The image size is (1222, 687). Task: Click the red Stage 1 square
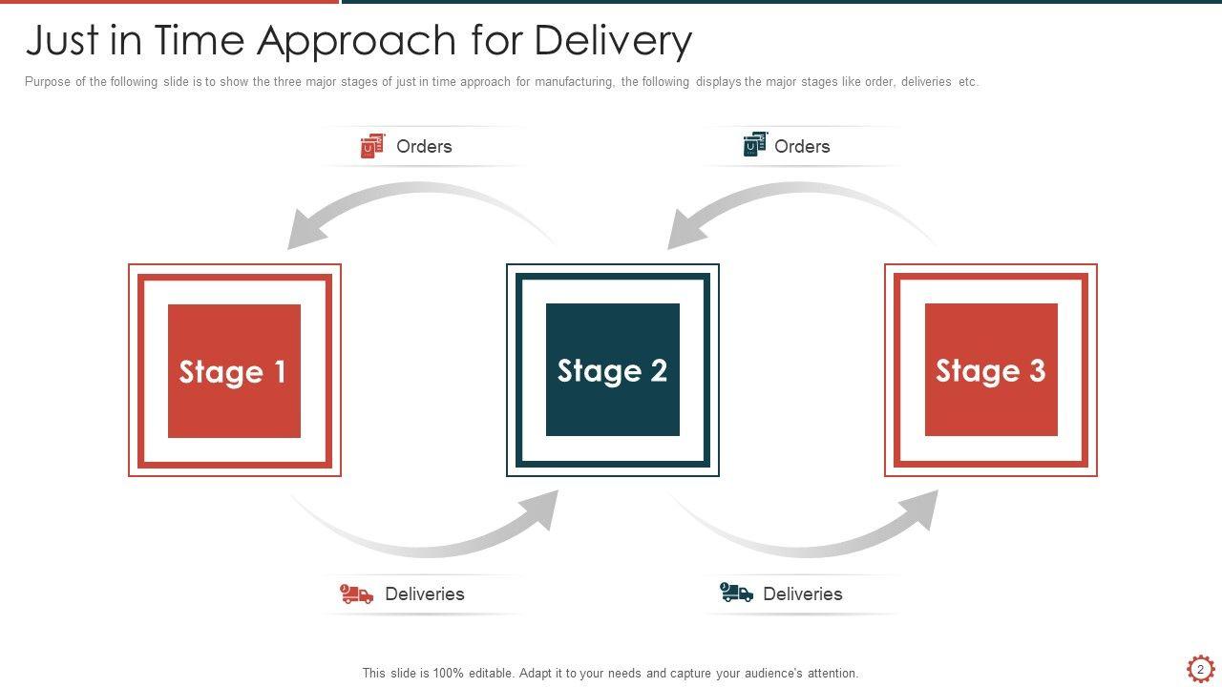tap(234, 371)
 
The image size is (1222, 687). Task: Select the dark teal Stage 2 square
tap(612, 370)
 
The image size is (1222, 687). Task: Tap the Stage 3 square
tap(991, 370)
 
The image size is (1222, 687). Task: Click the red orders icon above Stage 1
tap(371, 146)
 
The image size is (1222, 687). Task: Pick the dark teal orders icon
tap(755, 144)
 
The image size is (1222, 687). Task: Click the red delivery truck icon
tap(357, 594)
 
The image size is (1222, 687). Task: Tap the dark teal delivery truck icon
tap(736, 593)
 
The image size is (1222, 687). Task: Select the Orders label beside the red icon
tap(424, 146)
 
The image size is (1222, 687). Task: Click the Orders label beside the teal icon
tap(802, 146)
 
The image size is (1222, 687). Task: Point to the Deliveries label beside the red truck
tap(425, 593)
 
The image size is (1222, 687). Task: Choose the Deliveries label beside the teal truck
tap(803, 593)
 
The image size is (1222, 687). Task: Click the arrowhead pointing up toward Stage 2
tap(542, 509)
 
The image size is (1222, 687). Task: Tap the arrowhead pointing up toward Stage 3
tap(920, 509)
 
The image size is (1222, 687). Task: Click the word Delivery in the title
tap(613, 40)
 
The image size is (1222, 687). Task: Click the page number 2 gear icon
tap(1200, 669)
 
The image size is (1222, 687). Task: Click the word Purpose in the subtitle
tap(48, 82)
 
